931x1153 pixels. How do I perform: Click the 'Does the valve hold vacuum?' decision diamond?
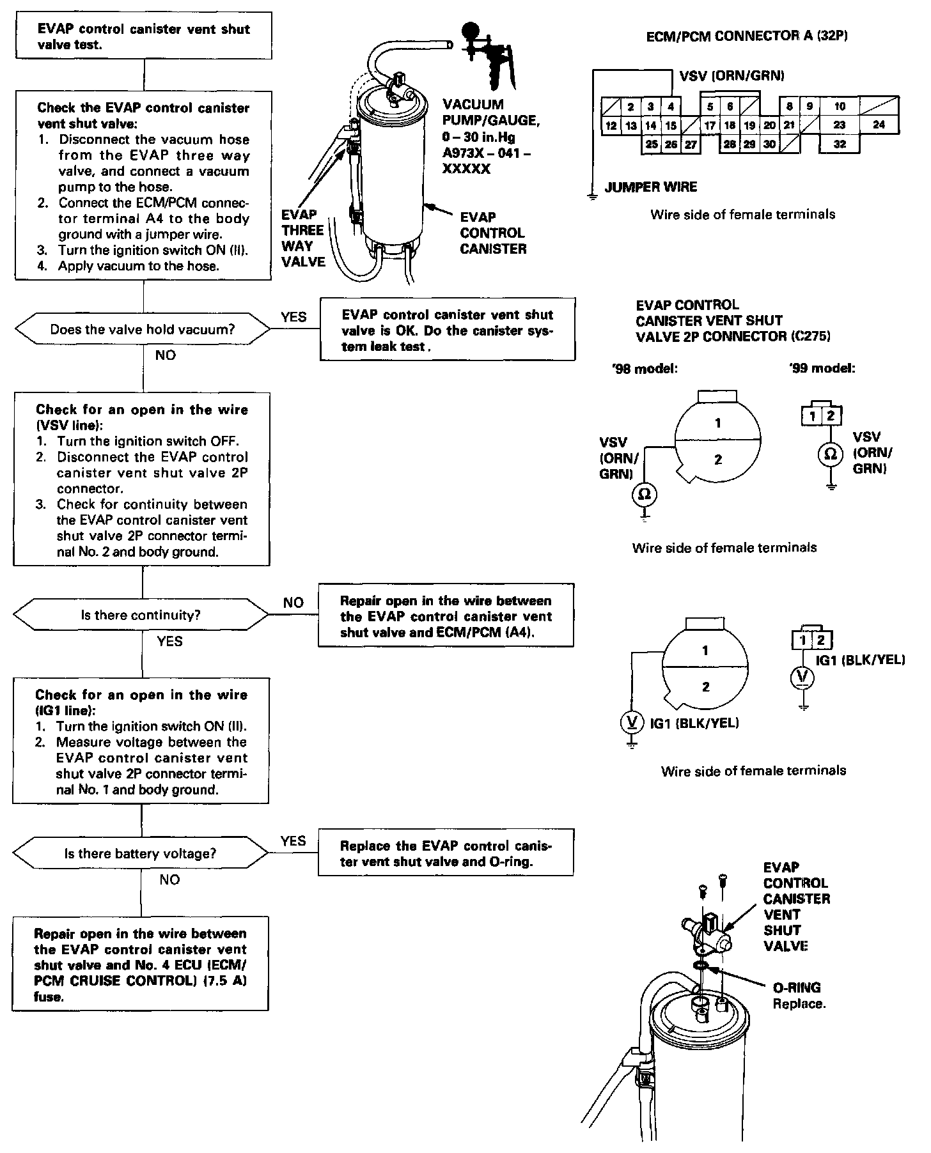(x=143, y=330)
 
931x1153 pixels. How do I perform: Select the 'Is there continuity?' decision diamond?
(x=141, y=615)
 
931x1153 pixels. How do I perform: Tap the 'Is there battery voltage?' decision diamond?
(x=140, y=854)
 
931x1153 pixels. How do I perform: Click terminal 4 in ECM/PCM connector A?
(x=670, y=107)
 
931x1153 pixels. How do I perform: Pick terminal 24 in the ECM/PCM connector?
(x=879, y=125)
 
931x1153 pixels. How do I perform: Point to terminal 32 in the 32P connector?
(x=840, y=144)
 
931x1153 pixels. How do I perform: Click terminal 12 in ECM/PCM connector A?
(x=611, y=126)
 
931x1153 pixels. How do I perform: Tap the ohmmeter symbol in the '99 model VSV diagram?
(x=830, y=454)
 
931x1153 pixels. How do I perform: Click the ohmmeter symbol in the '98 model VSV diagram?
(x=645, y=494)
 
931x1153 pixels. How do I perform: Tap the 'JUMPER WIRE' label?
(x=650, y=187)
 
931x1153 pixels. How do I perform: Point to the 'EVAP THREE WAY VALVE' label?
(x=303, y=238)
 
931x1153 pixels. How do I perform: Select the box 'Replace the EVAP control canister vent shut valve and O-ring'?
(x=446, y=853)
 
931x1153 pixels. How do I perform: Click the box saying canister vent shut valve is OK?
(x=448, y=330)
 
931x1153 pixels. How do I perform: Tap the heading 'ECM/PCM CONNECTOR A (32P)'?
(x=747, y=36)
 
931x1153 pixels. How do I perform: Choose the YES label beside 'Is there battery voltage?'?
(x=293, y=841)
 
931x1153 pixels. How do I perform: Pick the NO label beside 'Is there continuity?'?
(x=293, y=603)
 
